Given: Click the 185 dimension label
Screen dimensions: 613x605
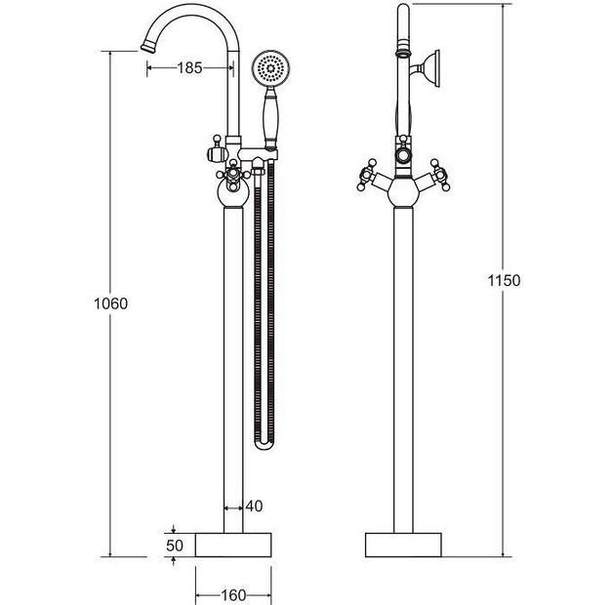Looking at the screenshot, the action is click(x=189, y=67).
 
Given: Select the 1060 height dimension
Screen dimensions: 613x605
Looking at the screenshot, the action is click(x=110, y=303).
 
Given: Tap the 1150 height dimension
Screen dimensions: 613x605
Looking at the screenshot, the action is click(x=504, y=281).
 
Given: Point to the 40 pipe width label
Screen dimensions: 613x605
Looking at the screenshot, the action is click(x=254, y=506).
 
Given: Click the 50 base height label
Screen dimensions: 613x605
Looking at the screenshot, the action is click(x=175, y=545).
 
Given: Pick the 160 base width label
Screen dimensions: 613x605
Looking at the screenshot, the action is click(x=233, y=595).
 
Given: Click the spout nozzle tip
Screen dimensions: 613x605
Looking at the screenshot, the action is click(x=148, y=47).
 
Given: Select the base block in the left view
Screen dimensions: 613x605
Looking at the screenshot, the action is click(x=233, y=544).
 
